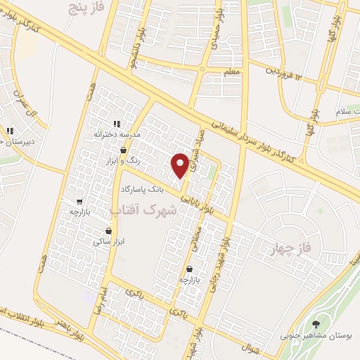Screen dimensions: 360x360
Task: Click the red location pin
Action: click(x=181, y=165)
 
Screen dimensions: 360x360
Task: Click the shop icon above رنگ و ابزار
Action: click(x=124, y=150)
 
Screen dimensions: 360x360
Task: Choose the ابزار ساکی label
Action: click(x=107, y=241)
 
